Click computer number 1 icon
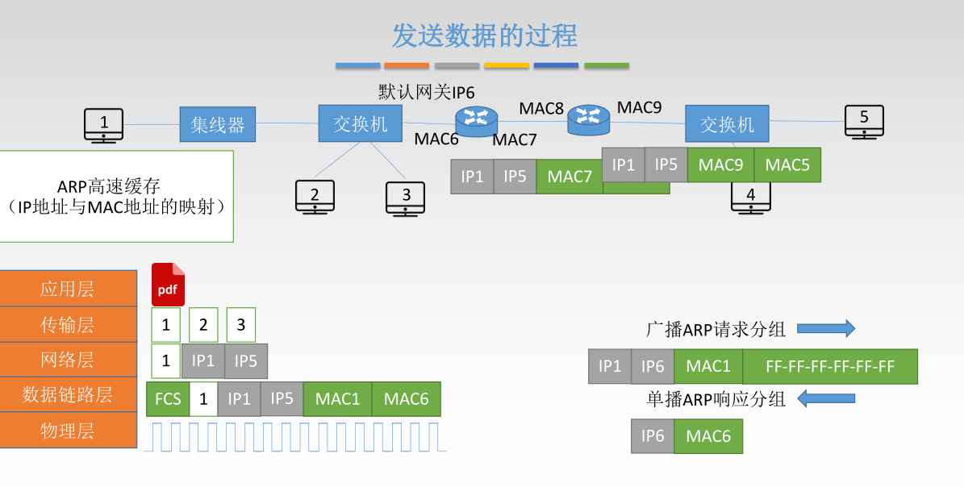[x=104, y=125]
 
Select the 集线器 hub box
[x=217, y=125]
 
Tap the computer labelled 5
[x=864, y=121]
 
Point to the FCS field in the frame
[x=168, y=399]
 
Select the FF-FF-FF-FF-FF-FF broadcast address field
[x=830, y=366]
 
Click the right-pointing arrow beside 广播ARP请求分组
[x=825, y=328]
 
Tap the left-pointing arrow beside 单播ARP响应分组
[x=825, y=398]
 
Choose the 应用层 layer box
[x=68, y=289]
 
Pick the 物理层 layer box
[x=68, y=431]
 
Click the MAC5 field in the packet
[x=787, y=164]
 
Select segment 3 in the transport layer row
[x=241, y=325]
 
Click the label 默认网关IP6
[x=427, y=92]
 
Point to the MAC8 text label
[x=540, y=108]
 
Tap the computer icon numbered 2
[x=315, y=196]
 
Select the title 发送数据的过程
[x=485, y=35]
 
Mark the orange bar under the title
[x=407, y=65]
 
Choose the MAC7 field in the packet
[x=570, y=177]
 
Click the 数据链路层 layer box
[x=68, y=394]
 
